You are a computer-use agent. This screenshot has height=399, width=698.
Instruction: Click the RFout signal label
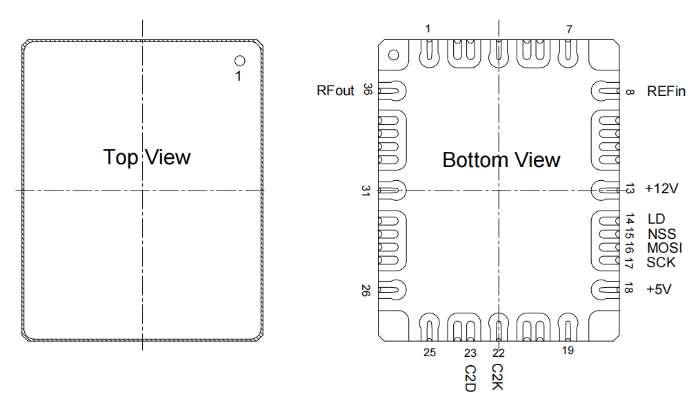335,90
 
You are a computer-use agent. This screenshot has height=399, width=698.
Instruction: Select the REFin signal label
666,91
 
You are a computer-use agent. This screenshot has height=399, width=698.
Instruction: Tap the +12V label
661,189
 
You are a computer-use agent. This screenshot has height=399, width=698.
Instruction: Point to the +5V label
659,289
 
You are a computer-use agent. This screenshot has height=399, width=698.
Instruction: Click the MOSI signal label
665,248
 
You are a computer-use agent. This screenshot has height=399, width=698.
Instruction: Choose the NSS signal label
662,234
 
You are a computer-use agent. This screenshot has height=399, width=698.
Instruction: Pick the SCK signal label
661,262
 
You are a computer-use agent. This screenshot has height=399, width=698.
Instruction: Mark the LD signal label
656,219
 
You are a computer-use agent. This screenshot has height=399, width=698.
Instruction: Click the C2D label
470,378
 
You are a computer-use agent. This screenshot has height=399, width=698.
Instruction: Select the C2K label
497,377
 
